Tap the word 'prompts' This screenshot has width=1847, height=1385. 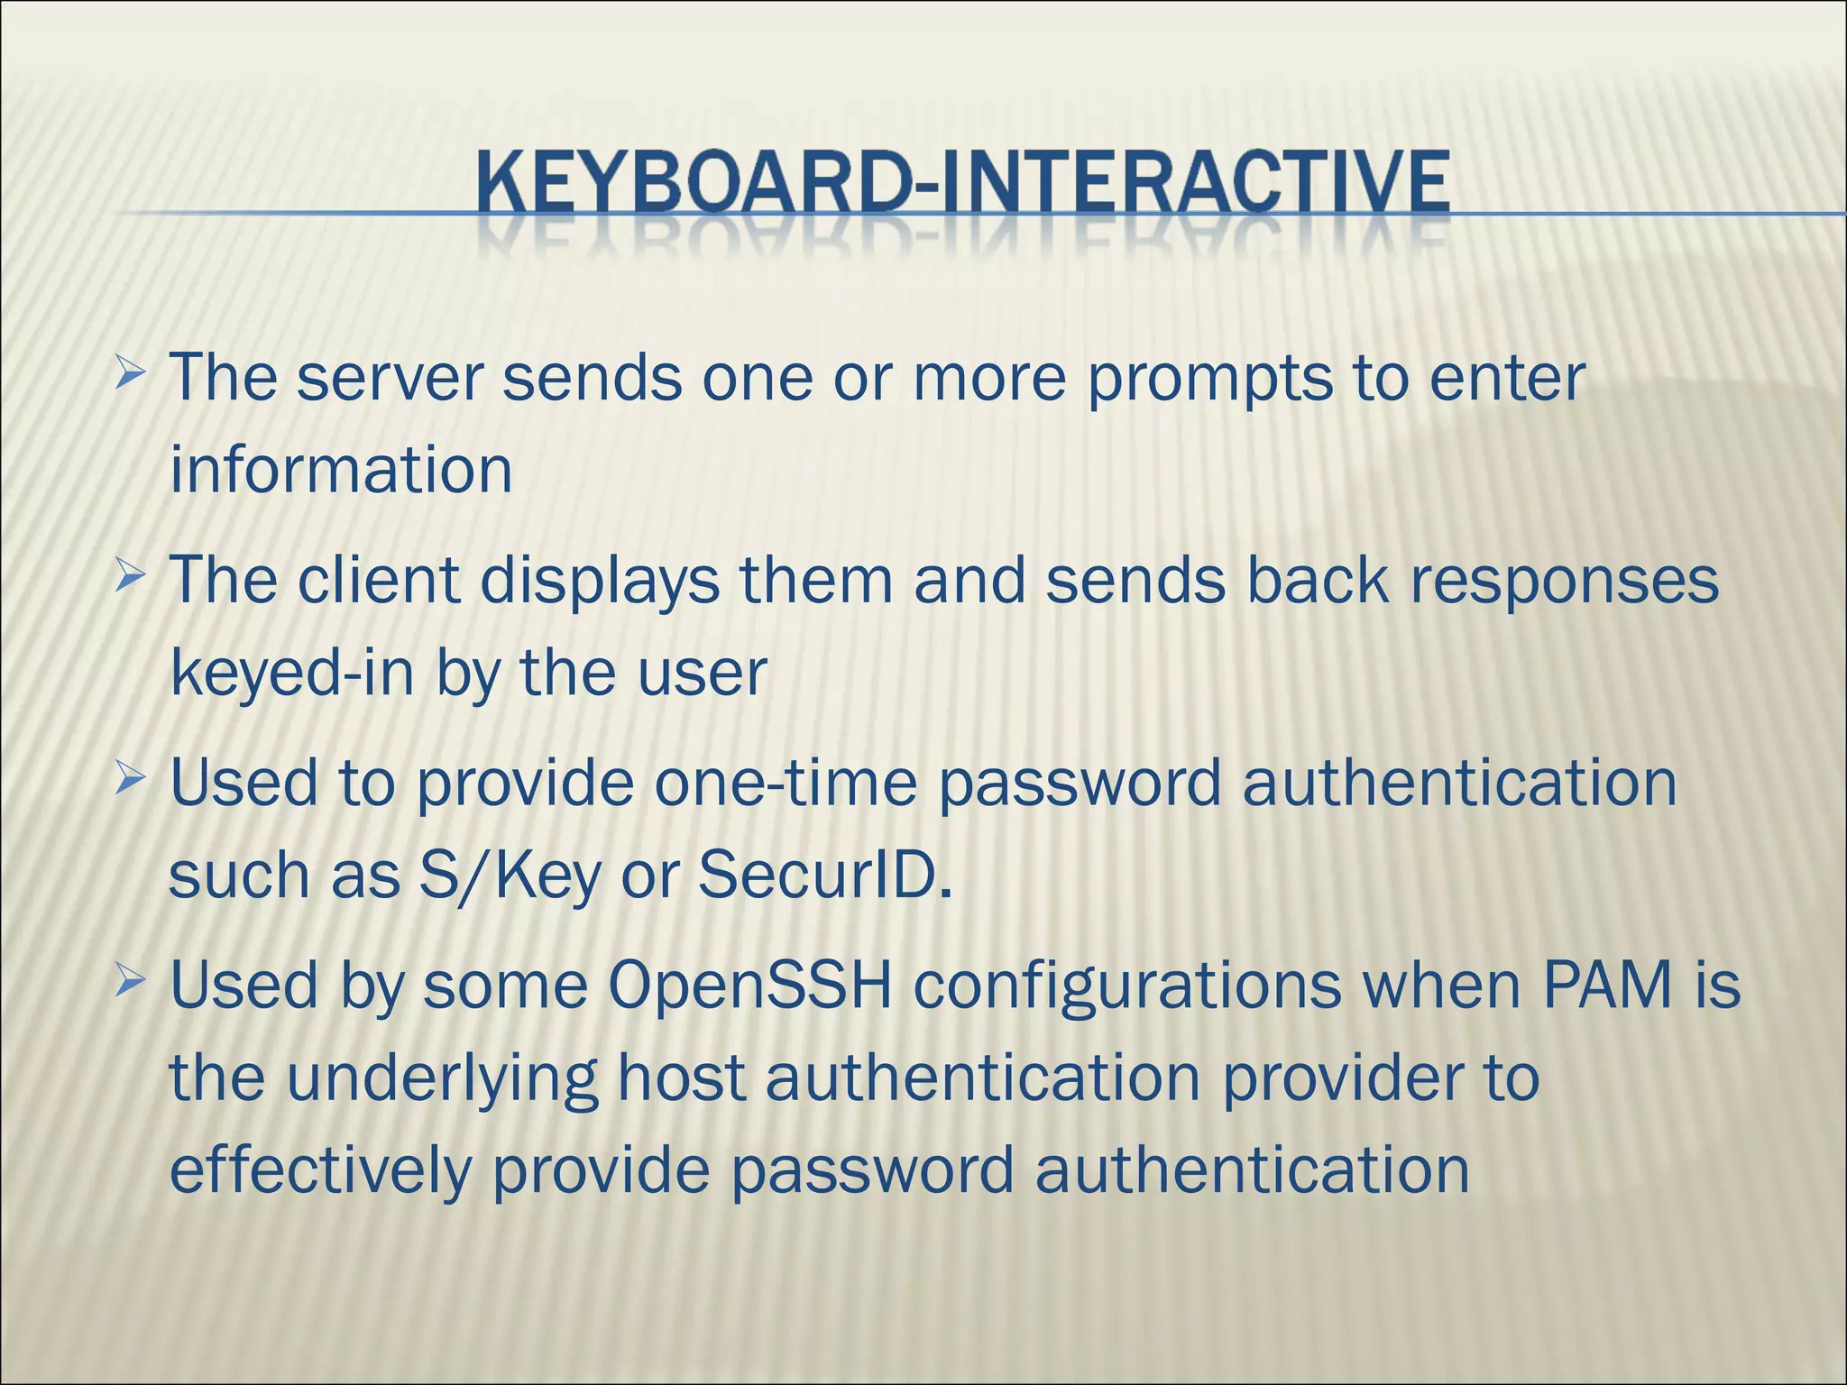(1208, 381)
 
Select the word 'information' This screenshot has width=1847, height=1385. (341, 471)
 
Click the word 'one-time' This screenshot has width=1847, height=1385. (785, 783)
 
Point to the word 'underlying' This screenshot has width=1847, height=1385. (442, 1080)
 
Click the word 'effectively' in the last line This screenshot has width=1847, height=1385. (321, 1170)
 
